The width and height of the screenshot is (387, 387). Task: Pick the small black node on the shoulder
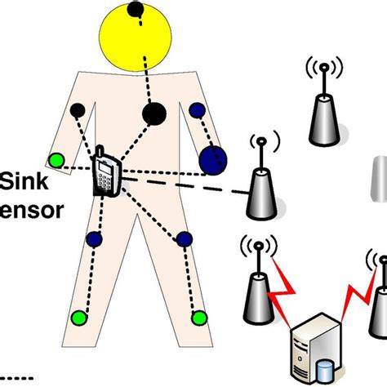pyautogui.click(x=78, y=109)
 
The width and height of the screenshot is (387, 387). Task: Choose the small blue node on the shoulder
pyautogui.click(x=197, y=109)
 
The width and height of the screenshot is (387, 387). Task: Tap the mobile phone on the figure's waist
pyautogui.click(x=107, y=172)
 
